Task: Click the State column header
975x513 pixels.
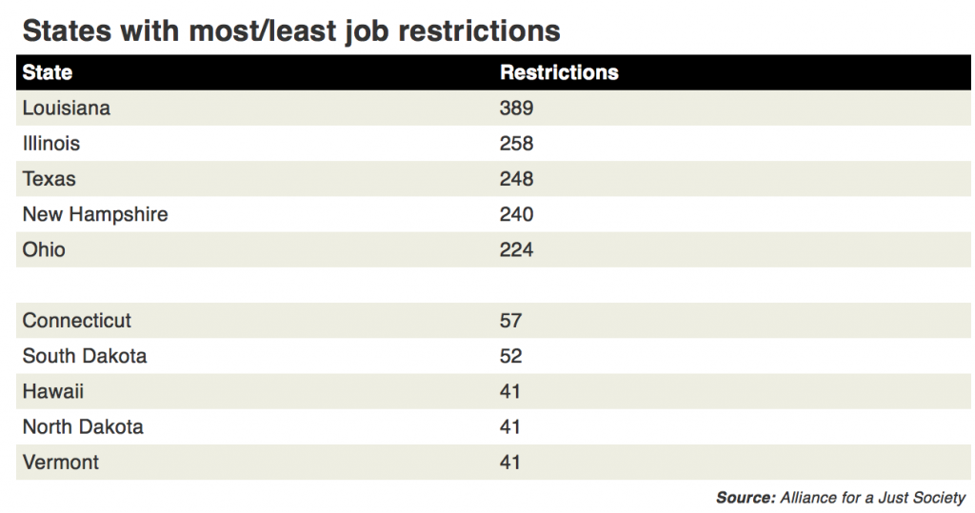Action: (x=48, y=72)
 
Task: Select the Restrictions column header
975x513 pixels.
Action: (x=559, y=72)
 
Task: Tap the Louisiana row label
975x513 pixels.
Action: (x=66, y=108)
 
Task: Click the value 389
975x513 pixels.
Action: (x=516, y=108)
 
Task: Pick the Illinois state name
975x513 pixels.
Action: (x=50, y=144)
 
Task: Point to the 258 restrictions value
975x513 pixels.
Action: (x=516, y=144)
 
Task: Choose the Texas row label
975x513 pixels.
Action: (x=49, y=179)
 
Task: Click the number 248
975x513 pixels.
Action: (x=516, y=179)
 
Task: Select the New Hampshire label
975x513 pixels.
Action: (x=95, y=214)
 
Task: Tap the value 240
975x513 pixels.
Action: (x=516, y=214)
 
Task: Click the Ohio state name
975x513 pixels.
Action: (x=44, y=250)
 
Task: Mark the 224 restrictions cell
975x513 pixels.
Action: (x=516, y=250)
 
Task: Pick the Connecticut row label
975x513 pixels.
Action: (x=77, y=321)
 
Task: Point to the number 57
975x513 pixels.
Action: (x=510, y=321)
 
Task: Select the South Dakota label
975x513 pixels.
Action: (x=85, y=356)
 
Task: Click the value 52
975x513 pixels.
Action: (x=510, y=356)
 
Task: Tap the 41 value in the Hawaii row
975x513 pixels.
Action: (x=510, y=391)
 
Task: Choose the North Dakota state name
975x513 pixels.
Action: (x=83, y=426)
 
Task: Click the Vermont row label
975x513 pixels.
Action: (x=61, y=463)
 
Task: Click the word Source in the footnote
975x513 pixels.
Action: (x=745, y=497)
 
